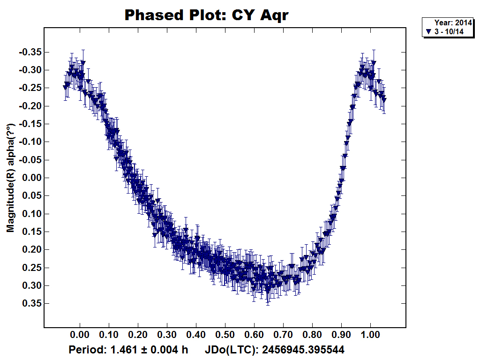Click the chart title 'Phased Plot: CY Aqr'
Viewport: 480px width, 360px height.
coord(206,15)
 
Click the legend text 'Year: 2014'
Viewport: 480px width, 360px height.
coord(452,22)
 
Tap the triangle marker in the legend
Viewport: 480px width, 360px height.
coord(428,31)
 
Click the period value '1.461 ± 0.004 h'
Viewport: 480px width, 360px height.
coord(149,350)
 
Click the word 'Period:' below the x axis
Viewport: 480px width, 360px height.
coord(88,350)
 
